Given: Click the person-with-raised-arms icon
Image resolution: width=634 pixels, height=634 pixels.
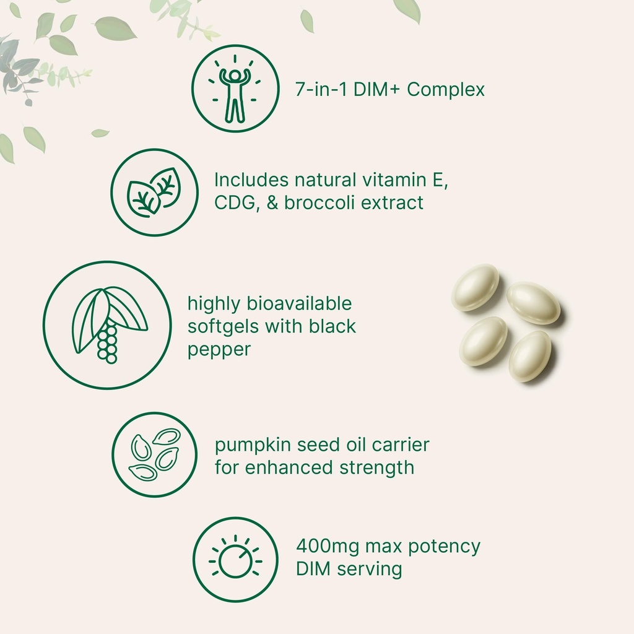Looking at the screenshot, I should coord(234,89).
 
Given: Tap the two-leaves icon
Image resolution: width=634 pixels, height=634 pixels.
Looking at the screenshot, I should coord(153,193).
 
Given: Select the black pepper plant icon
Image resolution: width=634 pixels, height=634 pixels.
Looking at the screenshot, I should coord(108,324).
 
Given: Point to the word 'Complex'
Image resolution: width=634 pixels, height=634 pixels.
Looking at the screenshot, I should coord(446,89).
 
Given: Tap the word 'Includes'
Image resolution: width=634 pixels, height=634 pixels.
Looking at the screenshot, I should coord(251,180).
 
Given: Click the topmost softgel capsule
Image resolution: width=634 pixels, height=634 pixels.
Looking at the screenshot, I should coord(475,287).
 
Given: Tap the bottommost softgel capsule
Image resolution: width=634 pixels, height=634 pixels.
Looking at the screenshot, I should coord(529,356).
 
